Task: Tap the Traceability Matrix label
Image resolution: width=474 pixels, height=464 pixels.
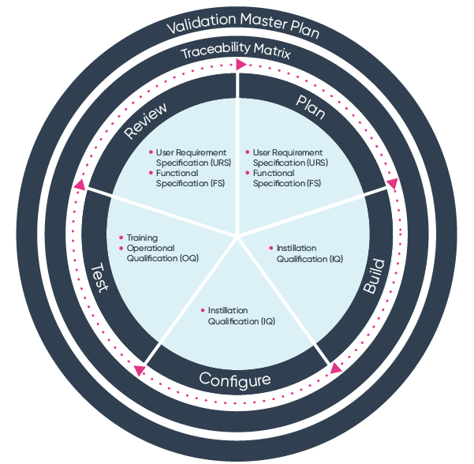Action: (x=237, y=54)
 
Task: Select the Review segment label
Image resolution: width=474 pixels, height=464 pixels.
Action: (x=146, y=119)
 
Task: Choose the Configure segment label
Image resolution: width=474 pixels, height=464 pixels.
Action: (x=235, y=380)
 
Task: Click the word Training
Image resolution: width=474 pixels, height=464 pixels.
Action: (x=142, y=238)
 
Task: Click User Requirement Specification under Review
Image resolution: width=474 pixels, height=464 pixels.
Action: (x=190, y=157)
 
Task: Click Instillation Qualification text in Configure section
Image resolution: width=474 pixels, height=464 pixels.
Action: (x=241, y=315)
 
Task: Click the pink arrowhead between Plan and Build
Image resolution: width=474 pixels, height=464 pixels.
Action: (x=392, y=185)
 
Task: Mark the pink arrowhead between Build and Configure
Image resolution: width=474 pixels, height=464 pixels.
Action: (x=336, y=368)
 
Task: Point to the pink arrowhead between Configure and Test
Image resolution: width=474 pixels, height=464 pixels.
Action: (x=139, y=369)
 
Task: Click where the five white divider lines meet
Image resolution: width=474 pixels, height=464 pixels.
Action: (x=237, y=234)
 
